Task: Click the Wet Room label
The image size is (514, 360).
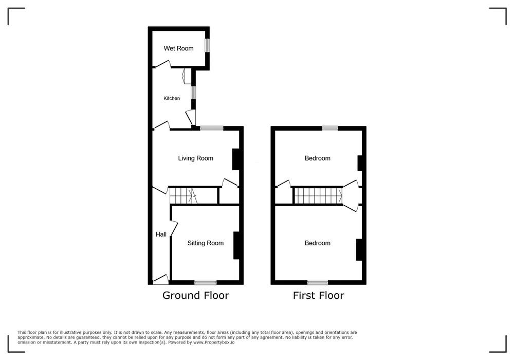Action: coord(179,48)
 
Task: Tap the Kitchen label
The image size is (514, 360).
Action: coord(172,98)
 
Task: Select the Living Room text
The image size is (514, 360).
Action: coord(196,158)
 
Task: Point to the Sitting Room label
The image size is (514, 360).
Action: coord(206,243)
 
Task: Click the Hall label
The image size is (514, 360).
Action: coord(161,235)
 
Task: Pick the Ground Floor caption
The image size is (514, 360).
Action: coord(196,295)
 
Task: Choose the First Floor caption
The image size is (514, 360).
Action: coord(319,295)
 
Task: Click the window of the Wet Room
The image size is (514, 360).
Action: coord(207,45)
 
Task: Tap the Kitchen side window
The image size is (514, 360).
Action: coord(193,92)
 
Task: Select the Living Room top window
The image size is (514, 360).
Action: coord(212,129)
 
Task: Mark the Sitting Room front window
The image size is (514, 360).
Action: coord(206,282)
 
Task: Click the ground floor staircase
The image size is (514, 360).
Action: coord(183,196)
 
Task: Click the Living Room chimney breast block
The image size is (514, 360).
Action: coord(235,159)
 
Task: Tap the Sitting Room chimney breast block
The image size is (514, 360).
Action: coord(236,246)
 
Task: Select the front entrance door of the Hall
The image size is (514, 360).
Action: coord(161,279)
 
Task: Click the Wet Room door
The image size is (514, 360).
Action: coord(163,64)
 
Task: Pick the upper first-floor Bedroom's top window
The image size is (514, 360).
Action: coord(330,129)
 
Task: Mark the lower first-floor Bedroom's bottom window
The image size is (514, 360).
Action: coord(318,282)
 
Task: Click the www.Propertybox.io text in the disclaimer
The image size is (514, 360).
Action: coord(214,343)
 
